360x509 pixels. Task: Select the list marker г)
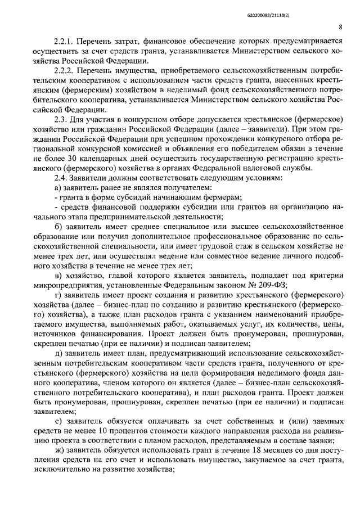[x=57, y=295]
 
